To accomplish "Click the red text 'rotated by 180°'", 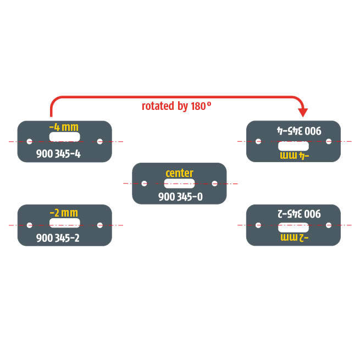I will point(176,106).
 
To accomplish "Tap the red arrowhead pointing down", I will point(302,112).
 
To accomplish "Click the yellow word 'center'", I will point(179,173).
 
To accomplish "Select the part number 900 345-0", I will point(180,196).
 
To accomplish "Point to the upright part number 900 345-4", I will point(58,154).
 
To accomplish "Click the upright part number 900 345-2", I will point(58,238).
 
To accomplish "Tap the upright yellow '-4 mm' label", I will point(64,128).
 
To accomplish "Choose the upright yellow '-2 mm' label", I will point(64,212).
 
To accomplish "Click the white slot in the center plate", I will point(179,184).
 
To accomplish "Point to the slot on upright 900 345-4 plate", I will point(64,136).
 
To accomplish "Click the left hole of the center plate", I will point(144,184).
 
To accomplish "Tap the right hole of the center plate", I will point(214,184).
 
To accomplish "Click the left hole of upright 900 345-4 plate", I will point(30,141).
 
